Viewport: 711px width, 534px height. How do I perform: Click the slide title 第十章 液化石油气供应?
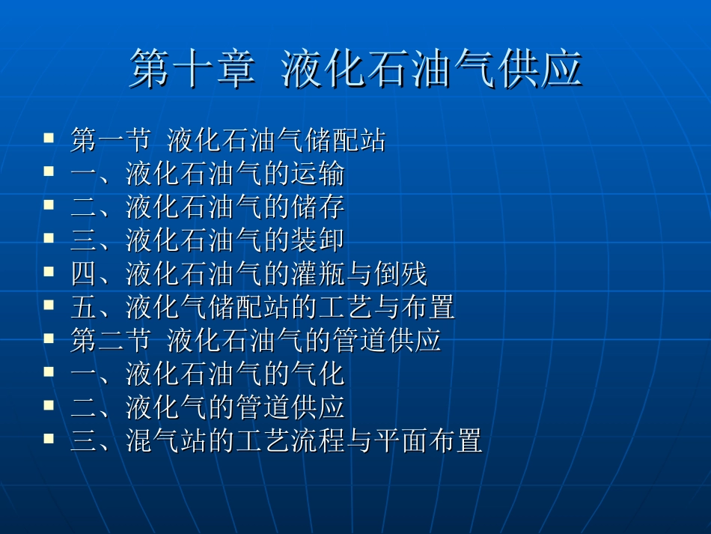355,70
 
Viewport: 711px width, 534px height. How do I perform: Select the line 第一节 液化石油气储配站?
228,140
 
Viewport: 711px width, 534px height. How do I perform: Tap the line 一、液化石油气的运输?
207,174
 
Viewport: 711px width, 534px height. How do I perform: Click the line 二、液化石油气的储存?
207,207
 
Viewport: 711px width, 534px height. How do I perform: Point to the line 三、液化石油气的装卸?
207,240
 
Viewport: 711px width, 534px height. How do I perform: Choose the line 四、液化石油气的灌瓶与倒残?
248,274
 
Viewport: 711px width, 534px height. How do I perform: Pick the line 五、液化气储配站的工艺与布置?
262,307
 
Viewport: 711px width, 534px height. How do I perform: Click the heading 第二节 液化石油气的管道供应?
255,341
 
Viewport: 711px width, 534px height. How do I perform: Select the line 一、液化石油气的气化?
207,374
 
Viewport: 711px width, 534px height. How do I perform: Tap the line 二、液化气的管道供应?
207,407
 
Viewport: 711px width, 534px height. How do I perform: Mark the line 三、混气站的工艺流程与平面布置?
275,440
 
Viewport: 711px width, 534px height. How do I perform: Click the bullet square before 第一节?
49,138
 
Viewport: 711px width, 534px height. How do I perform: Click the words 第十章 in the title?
192,70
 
